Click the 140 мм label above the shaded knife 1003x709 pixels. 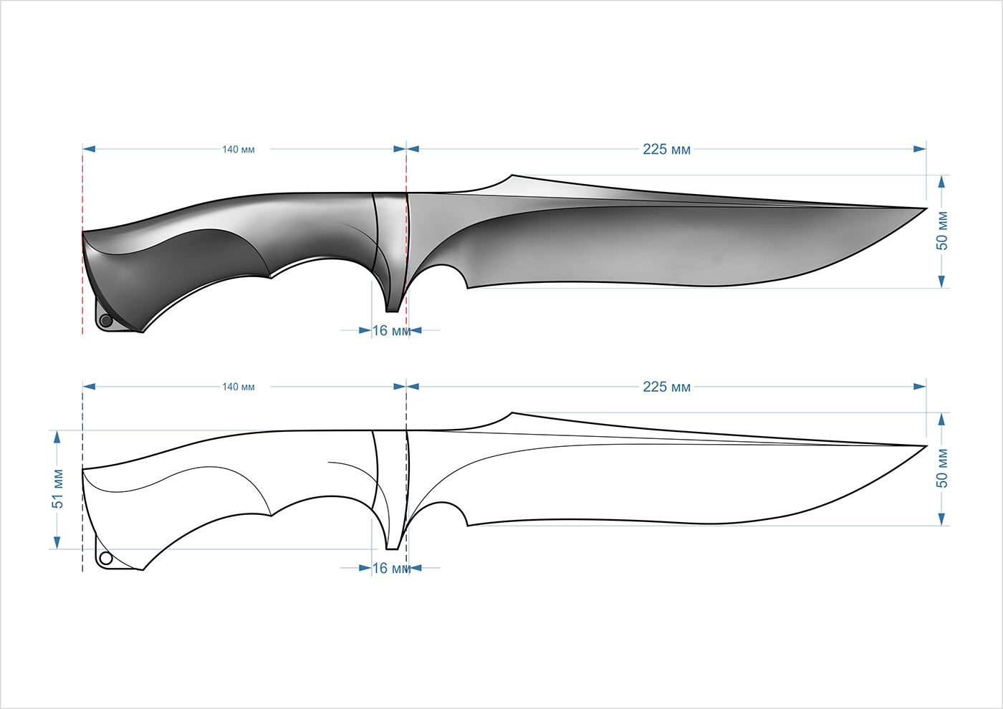[238, 150]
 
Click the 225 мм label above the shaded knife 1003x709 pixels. [666, 149]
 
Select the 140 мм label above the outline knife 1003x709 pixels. [238, 387]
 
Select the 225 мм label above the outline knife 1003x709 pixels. [666, 387]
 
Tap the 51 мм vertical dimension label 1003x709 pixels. [58, 490]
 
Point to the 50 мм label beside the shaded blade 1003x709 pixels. [942, 231]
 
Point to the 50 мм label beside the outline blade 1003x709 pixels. [942, 469]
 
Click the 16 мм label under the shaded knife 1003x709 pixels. [391, 331]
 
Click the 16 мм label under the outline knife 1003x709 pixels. [391, 569]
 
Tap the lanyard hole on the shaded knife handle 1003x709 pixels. [106, 321]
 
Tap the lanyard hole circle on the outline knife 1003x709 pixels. [106, 559]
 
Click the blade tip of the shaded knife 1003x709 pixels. [926, 208]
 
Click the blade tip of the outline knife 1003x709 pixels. [926, 446]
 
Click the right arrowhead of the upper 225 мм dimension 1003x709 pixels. [920, 149]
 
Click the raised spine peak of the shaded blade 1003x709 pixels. [512, 175]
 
